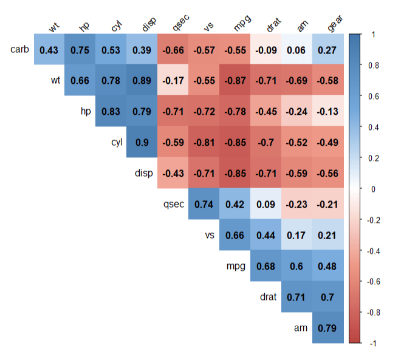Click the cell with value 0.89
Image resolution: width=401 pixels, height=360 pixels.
click(142, 80)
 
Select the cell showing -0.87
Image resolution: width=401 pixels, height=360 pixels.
click(235, 80)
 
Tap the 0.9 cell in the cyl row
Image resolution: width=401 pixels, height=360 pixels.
click(142, 142)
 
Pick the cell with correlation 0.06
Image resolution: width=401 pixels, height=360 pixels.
click(297, 49)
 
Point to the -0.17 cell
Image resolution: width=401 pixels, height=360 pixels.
click(173, 80)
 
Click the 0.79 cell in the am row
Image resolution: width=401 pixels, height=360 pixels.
click(328, 328)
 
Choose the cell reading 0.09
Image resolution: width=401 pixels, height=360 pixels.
click(266, 204)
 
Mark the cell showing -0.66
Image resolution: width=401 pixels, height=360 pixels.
click(173, 49)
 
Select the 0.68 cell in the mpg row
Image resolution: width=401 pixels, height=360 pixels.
click(266, 266)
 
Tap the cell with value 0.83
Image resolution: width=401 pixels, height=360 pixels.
click(111, 111)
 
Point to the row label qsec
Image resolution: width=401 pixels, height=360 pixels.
click(173, 204)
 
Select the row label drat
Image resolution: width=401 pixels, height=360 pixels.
click(267, 297)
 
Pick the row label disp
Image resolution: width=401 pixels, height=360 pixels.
click(143, 173)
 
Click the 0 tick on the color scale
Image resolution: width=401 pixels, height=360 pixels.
click(372, 189)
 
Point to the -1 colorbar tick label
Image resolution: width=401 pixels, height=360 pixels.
click(372, 344)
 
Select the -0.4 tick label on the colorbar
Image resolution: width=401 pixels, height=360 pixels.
click(374, 251)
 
